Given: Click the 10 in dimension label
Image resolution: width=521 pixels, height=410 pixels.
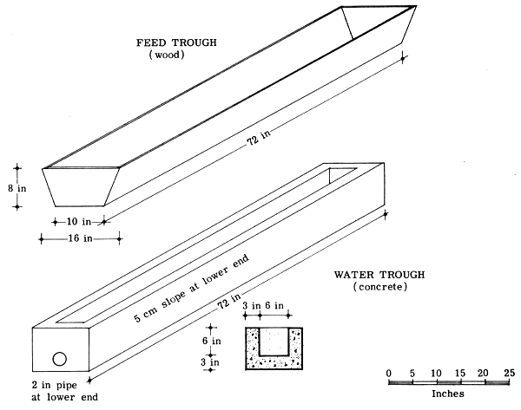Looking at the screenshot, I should pos(78,221).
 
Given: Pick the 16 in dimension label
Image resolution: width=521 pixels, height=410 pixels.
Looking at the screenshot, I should pos(80,238).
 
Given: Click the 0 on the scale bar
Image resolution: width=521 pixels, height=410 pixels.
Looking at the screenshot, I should pos(389,372).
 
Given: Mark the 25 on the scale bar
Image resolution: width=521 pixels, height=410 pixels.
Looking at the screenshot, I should pos(509,372).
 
